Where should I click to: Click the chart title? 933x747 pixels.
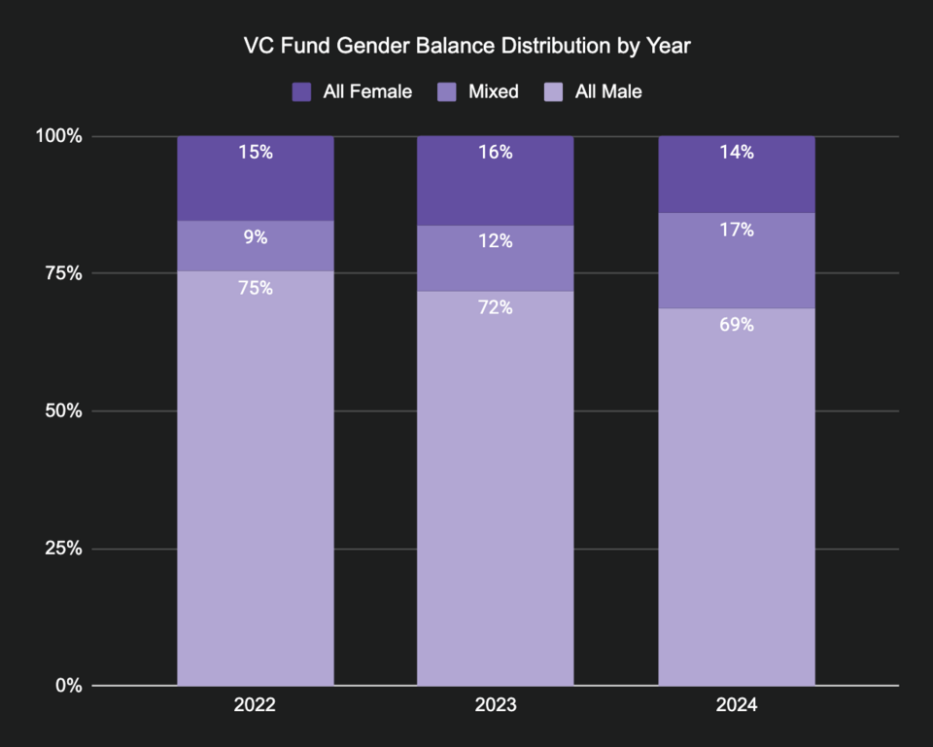coord(466,46)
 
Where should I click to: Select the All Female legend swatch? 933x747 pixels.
coord(301,91)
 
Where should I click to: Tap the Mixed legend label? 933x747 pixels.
coord(493,91)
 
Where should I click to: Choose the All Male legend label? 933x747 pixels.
coord(608,91)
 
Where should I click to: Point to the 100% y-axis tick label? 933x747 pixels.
coord(60,136)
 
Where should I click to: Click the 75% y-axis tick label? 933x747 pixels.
coord(64,273)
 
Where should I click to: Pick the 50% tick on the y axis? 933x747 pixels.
coord(64,410)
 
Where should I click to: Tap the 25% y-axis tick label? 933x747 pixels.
coord(64,548)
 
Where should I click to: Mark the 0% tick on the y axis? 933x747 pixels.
coord(68,686)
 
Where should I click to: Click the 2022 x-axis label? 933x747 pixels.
coord(255,705)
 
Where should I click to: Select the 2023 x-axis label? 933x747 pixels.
coord(496,705)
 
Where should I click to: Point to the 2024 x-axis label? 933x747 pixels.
coord(736,705)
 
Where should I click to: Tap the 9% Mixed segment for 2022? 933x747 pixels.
coord(256,246)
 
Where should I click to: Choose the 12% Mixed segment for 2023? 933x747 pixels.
coord(496,259)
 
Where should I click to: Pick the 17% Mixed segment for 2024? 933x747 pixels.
coord(737,261)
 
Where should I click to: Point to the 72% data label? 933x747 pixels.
coord(496,307)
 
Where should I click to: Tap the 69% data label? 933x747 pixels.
coord(737,325)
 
